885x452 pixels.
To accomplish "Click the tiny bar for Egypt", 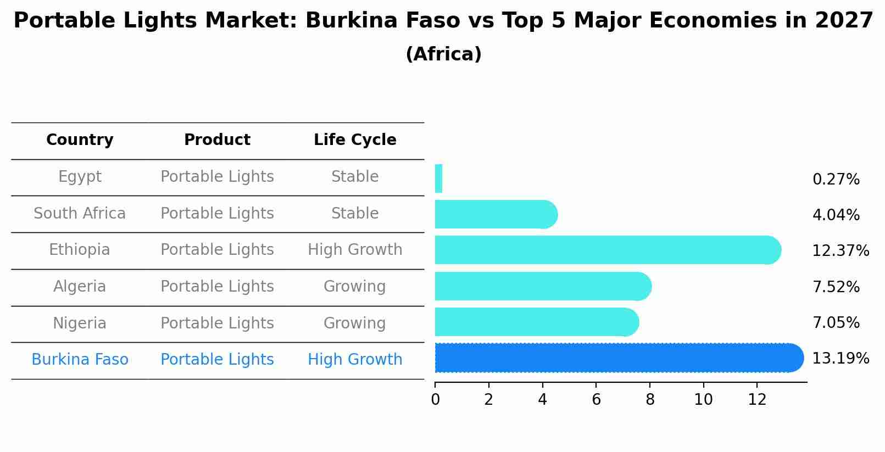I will (x=438, y=178).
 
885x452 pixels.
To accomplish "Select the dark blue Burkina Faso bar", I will (x=618, y=358).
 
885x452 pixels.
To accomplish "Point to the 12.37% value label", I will (x=840, y=251).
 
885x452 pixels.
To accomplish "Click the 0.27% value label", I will (x=836, y=180).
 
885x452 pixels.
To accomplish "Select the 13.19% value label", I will (x=840, y=359).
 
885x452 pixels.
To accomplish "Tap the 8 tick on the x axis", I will (x=650, y=400).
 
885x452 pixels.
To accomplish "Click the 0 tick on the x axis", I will (x=435, y=400).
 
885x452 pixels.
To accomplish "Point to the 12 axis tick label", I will (x=757, y=400).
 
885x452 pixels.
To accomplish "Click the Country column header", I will (x=80, y=140).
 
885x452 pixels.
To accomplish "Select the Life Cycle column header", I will (x=355, y=140).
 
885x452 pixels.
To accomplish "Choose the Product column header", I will (x=217, y=140).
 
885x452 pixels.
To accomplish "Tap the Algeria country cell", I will (x=80, y=287).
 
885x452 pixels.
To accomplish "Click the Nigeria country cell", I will (x=80, y=323).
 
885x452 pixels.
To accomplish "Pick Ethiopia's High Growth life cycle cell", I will (x=355, y=250).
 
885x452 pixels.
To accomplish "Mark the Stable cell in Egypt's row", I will (x=355, y=177).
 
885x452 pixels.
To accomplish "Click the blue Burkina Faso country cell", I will (x=80, y=360).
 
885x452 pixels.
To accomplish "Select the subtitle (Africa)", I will (x=443, y=54).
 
